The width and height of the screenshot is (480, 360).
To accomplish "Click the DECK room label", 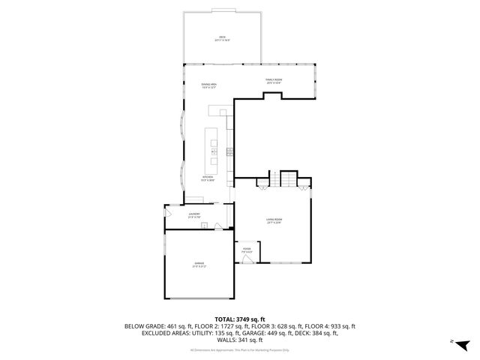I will tap(222, 37).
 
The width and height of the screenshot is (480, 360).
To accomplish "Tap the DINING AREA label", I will tap(208, 85).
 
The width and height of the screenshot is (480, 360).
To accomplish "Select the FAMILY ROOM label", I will tap(273, 81).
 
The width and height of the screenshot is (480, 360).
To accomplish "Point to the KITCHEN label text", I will tap(208, 178).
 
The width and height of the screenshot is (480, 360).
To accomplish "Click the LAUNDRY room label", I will tap(193, 216).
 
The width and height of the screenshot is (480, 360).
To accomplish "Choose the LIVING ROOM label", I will tap(273, 220).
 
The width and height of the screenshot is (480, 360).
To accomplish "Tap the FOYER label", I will tap(247, 251).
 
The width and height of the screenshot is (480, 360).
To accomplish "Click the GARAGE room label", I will tap(199, 265).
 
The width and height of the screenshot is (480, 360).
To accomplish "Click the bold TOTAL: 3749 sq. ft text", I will tap(240, 319).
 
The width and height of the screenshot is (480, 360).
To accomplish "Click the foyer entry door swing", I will tap(247, 259).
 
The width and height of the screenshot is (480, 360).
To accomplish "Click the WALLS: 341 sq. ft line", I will tap(240, 339).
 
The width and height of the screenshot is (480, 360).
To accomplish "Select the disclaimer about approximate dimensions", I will tap(240, 349).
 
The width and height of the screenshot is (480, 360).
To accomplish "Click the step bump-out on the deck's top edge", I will tap(222, 10).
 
